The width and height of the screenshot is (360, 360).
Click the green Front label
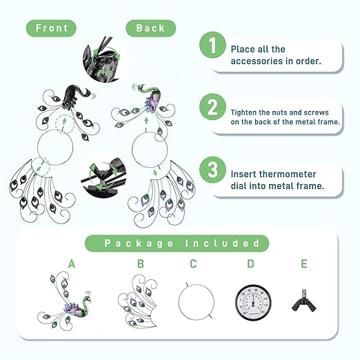[x=51, y=28]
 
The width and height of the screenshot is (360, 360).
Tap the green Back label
[x=150, y=28]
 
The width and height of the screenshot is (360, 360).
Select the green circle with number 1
[x=212, y=45]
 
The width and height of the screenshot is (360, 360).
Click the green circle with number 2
[x=212, y=107]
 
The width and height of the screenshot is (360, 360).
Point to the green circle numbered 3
[x=212, y=170]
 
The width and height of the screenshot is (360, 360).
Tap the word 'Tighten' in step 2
[x=243, y=112]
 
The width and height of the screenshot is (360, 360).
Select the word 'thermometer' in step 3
[x=288, y=174]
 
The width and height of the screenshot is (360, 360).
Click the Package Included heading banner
[x=177, y=243]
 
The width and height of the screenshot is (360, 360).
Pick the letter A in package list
[x=72, y=263]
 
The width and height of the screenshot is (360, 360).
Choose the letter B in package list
[x=141, y=263]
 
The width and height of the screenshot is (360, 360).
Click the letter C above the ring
[x=193, y=263]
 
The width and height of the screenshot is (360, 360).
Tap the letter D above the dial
[x=250, y=263]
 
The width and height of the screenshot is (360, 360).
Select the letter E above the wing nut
[x=304, y=263]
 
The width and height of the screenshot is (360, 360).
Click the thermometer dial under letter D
[x=253, y=303]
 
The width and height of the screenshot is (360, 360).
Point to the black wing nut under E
[x=304, y=301]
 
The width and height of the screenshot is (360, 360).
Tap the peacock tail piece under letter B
[x=138, y=301]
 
